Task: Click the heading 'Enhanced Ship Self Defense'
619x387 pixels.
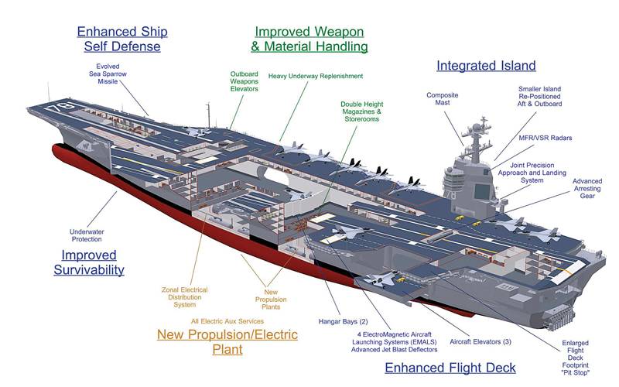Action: click(x=121, y=39)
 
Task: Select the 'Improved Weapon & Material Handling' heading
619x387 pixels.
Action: click(x=310, y=39)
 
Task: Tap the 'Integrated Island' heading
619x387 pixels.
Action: click(x=486, y=66)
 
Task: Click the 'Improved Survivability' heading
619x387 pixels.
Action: click(x=89, y=262)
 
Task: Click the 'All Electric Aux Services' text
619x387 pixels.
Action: click(x=227, y=320)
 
